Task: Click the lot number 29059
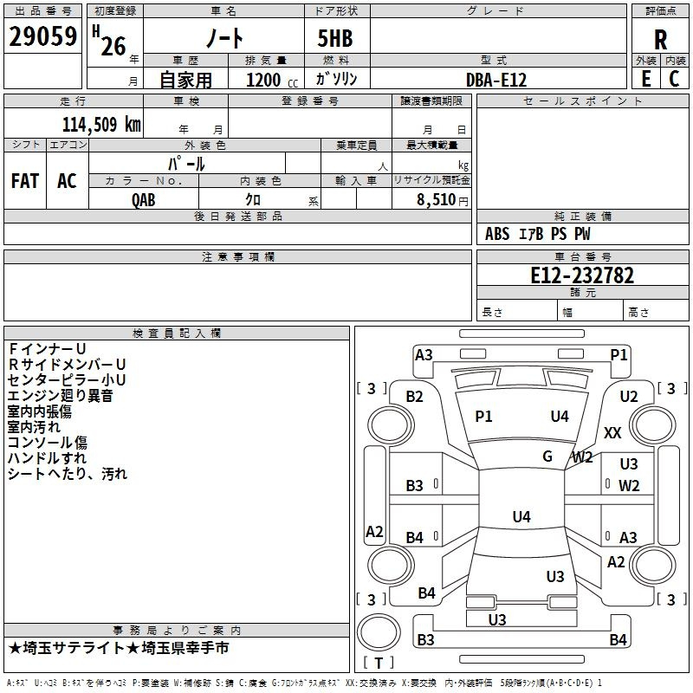(42, 37)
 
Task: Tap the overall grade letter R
(661, 40)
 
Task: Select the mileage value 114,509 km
(101, 124)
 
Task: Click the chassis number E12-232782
(582, 275)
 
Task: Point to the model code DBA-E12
(496, 79)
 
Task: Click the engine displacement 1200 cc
(265, 80)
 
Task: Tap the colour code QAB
(144, 199)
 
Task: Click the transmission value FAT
(24, 181)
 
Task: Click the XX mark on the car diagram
(612, 433)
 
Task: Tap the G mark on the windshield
(547, 457)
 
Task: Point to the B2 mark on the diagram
(415, 397)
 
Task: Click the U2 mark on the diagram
(629, 397)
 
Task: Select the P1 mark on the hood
(483, 417)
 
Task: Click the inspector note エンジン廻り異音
(60, 396)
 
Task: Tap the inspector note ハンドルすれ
(47, 458)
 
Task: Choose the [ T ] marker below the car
(379, 663)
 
